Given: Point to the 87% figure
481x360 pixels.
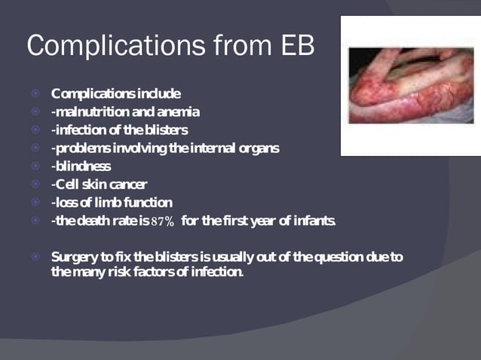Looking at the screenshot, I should click(164, 221).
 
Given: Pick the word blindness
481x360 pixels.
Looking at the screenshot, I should click(82, 166).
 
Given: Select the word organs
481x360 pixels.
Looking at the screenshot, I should click(257, 148).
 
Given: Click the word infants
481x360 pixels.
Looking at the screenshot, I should click(317, 221).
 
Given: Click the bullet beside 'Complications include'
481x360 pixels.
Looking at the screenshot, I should click(35, 94).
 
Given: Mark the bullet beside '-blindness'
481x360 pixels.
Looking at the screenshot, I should click(35, 166).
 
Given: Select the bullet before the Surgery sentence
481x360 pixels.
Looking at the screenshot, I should click(35, 258).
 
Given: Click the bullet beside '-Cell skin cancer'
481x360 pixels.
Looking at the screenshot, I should click(35, 185).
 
